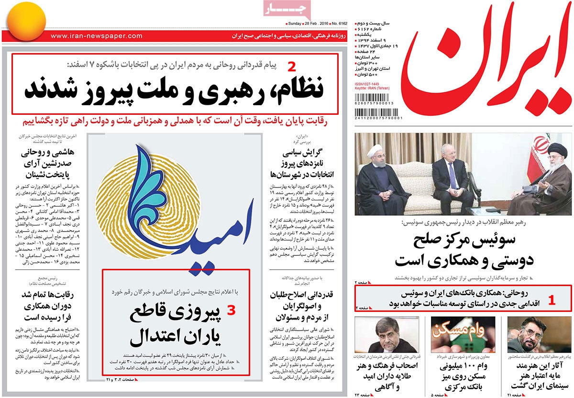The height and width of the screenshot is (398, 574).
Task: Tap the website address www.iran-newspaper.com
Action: [96, 36]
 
